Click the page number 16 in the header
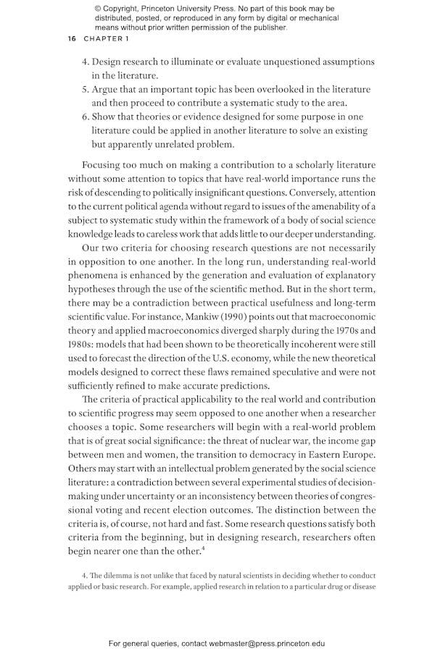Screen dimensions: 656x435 click(x=71, y=38)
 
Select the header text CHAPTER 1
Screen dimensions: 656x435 click(x=106, y=38)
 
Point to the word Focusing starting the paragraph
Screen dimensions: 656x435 click(x=105, y=165)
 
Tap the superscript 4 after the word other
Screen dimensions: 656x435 click(x=222, y=534)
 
